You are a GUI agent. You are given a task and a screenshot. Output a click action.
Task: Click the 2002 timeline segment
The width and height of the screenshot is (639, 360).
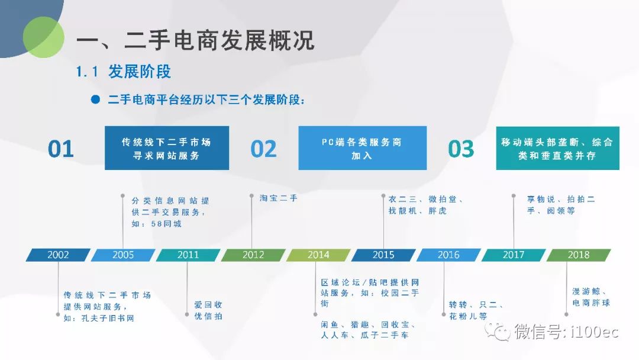point(58,255)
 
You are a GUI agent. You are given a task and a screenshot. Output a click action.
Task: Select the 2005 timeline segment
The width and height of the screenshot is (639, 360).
point(122,255)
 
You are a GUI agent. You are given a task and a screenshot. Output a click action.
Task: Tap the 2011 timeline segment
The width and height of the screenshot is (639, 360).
point(188,255)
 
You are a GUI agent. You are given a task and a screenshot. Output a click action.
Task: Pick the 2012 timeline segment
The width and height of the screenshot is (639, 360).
point(253,255)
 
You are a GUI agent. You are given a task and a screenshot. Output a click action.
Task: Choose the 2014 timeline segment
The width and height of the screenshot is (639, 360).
point(318,255)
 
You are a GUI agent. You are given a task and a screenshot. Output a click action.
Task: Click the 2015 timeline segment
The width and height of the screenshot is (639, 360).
point(383,255)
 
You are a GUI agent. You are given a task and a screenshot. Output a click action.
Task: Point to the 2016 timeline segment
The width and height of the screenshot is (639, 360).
point(448,255)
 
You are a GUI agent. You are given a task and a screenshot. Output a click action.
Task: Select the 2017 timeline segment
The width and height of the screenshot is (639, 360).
point(514,255)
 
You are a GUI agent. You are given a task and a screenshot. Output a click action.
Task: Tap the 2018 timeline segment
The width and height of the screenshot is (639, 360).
point(578,255)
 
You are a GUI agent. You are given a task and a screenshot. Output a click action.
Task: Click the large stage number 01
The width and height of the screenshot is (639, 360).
point(61,149)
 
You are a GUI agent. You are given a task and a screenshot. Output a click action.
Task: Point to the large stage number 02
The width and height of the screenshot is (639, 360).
point(264,149)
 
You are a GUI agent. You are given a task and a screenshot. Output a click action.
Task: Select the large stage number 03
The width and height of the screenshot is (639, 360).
point(461,149)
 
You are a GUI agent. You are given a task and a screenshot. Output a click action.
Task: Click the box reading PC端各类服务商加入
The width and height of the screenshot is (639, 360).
point(362,148)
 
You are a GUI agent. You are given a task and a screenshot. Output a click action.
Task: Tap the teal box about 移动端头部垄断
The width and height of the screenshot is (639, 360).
point(557,148)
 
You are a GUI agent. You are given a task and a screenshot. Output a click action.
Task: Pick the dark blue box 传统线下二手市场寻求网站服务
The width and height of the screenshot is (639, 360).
point(167,148)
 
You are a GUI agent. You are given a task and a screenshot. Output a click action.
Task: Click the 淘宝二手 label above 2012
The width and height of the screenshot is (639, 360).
point(279,198)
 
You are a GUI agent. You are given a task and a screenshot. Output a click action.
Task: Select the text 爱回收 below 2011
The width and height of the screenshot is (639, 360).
point(208,304)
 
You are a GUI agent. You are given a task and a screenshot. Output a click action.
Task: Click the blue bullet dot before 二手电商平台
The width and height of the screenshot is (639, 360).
point(95,99)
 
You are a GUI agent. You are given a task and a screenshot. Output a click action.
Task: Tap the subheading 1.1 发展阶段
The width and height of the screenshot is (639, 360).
point(124,72)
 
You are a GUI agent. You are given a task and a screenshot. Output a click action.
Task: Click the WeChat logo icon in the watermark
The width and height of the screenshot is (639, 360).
point(498,331)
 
